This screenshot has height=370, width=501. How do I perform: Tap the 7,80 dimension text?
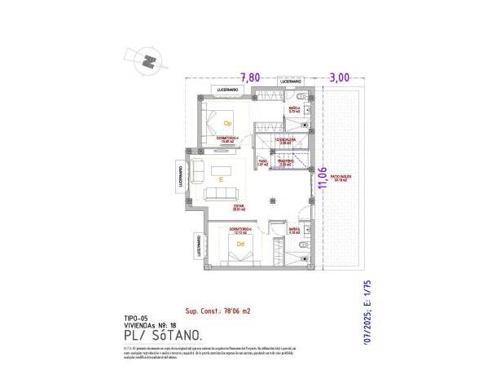pyautogui.click(x=251, y=77)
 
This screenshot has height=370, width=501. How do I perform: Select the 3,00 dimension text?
pyautogui.click(x=339, y=77)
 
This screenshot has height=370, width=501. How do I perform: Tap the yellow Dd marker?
pyautogui.click(x=240, y=244)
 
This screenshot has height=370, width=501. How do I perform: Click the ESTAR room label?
pyautogui.click(x=240, y=207)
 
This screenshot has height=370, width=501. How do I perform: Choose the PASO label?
pyautogui.click(x=263, y=161)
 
